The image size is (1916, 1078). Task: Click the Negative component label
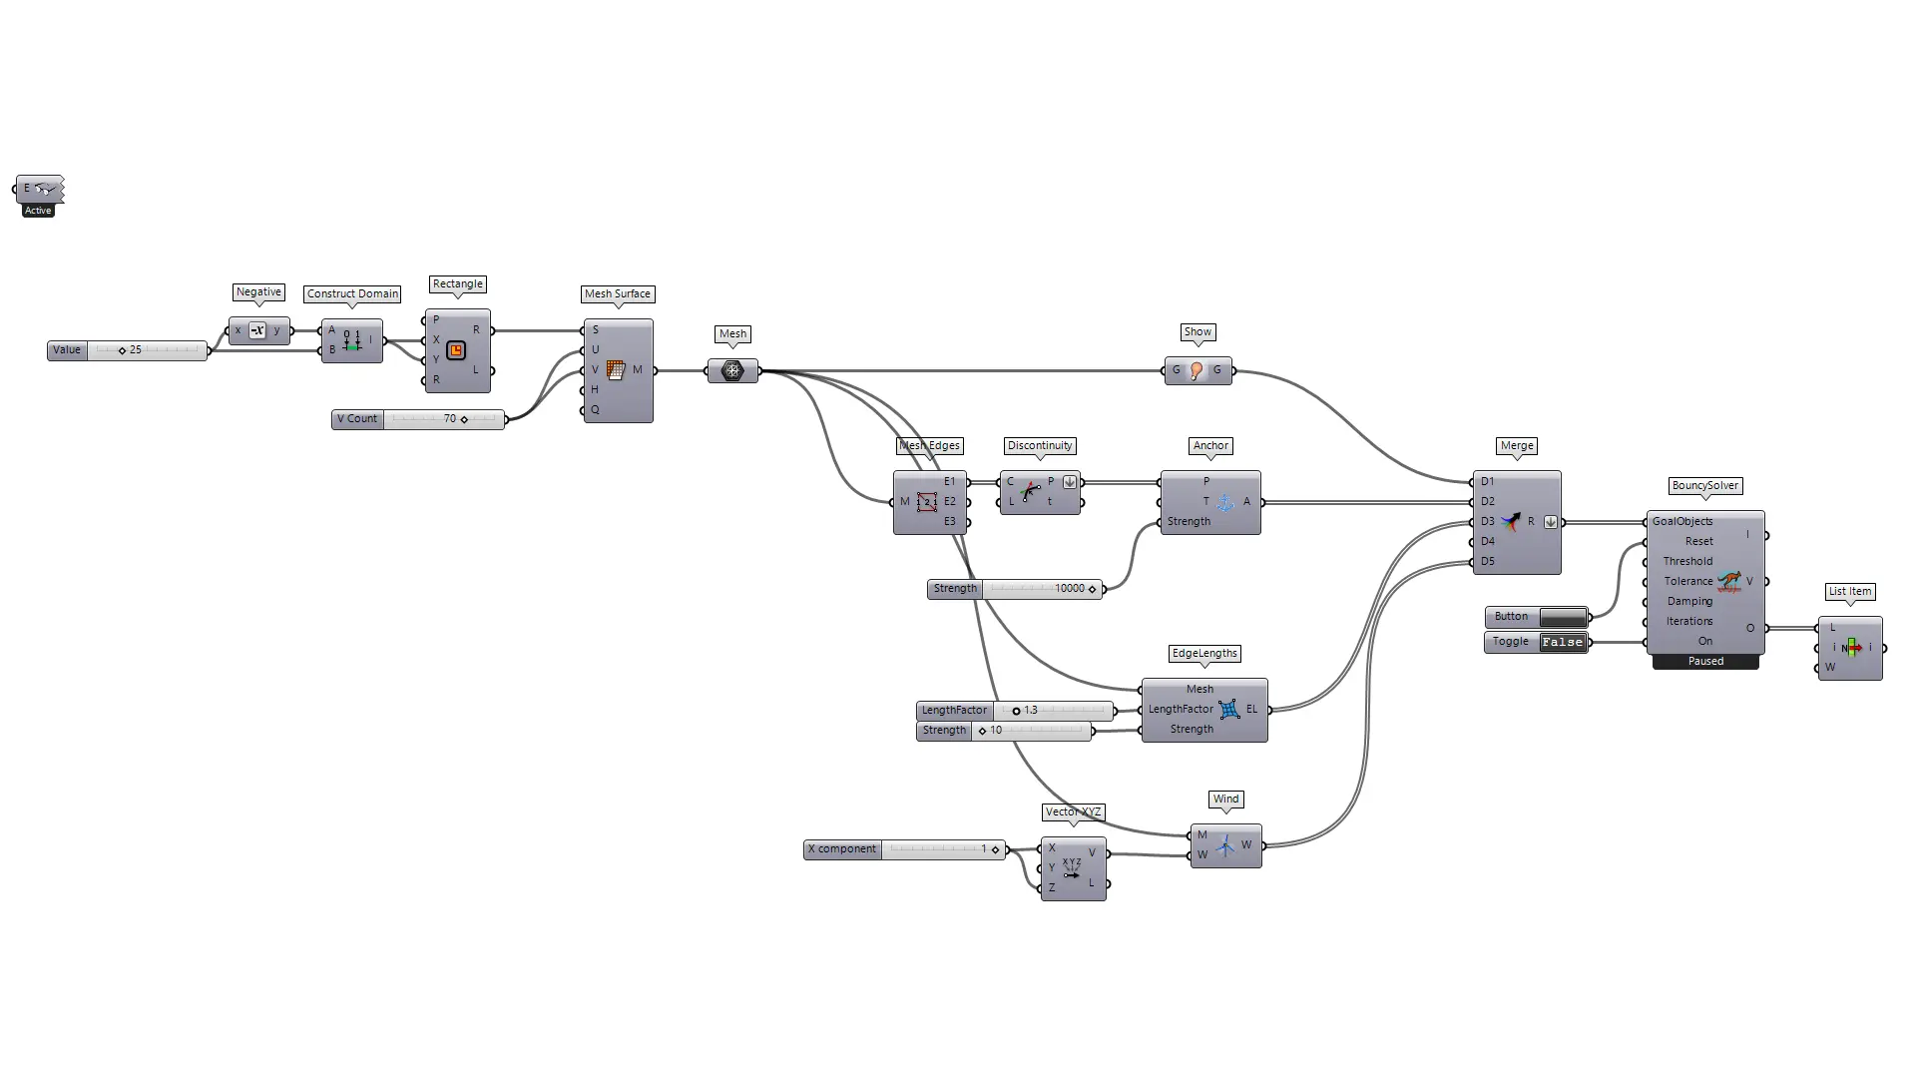[x=258, y=292]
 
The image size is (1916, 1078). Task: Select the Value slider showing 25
[x=128, y=350]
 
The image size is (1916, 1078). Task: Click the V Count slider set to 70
[x=418, y=419]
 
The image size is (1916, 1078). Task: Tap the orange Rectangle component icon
[x=456, y=350]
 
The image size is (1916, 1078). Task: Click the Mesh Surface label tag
[x=618, y=294]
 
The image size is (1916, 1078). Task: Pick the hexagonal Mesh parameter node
[x=732, y=370]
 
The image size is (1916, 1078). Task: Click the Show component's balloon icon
[x=1197, y=370]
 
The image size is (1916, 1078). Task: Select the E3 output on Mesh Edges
[x=950, y=521]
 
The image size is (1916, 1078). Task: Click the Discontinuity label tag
[x=1040, y=446]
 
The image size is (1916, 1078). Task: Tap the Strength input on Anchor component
[x=1189, y=521]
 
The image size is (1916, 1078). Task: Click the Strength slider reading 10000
[x=1015, y=589]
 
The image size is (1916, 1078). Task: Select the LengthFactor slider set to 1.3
[x=1015, y=711]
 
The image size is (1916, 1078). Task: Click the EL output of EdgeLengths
[x=1251, y=709]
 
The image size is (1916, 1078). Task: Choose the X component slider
[x=905, y=849]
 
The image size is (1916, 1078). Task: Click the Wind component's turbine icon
[x=1224, y=845]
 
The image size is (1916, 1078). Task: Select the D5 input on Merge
[x=1488, y=561]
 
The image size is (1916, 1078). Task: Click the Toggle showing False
[x=1537, y=642]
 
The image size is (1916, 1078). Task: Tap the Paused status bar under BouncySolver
[x=1705, y=662]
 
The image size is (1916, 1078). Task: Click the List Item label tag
[x=1850, y=592]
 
